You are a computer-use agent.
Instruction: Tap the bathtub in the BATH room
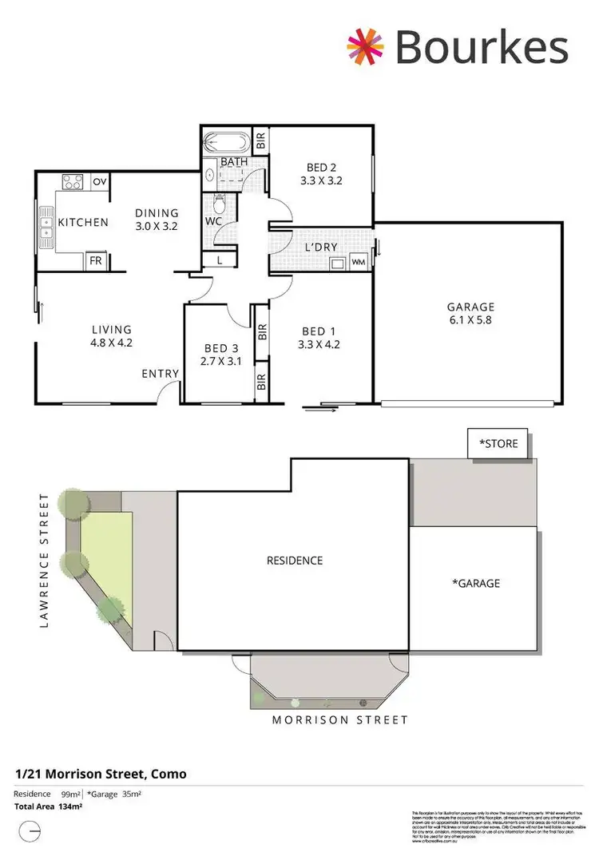(x=227, y=144)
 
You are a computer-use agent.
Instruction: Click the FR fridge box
(x=95, y=261)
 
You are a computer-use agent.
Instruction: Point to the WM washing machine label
(x=358, y=262)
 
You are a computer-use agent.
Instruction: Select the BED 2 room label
(x=321, y=168)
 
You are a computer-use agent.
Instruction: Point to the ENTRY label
(x=161, y=374)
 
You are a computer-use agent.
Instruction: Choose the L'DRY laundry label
(x=321, y=248)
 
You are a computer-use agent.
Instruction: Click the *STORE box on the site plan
(x=498, y=443)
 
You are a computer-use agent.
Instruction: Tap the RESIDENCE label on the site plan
(x=295, y=561)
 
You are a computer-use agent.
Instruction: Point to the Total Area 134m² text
(x=49, y=807)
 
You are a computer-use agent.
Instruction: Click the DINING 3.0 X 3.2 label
(x=157, y=220)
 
